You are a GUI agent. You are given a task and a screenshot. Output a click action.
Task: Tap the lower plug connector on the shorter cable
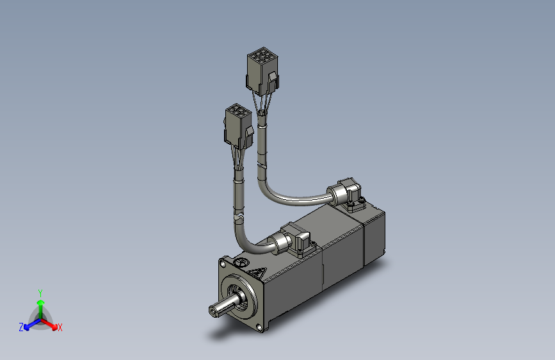point(237,126)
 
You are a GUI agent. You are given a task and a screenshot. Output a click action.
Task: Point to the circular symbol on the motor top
point(241,262)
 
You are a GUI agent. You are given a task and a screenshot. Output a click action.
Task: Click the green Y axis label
point(40,292)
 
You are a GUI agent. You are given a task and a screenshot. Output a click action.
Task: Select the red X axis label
point(60,327)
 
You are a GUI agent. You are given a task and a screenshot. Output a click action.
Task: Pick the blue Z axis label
point(21,327)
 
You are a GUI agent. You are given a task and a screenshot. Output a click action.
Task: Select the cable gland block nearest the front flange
point(298,240)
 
